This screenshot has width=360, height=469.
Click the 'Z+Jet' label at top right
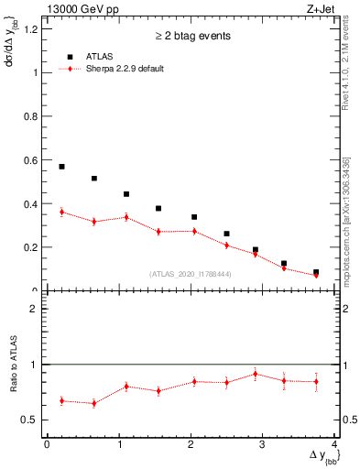coord(322,8)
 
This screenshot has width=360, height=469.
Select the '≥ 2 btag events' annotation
coord(191,36)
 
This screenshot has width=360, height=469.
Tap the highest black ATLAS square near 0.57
coord(61,167)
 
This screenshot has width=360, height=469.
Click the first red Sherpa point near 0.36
coord(61,212)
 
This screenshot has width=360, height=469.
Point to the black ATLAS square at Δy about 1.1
coord(126,194)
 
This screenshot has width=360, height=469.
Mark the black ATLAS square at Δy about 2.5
coord(227,234)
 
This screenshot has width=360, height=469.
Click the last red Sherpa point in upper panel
coord(316,275)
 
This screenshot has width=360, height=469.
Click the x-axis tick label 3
coord(263,444)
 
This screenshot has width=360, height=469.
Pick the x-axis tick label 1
coord(119,444)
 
